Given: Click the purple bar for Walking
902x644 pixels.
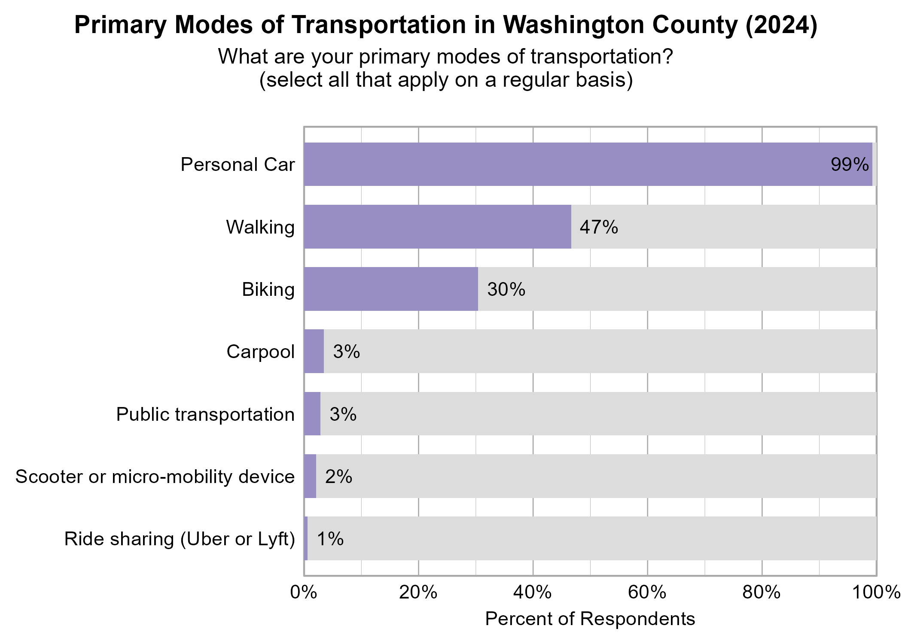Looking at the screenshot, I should click(437, 227).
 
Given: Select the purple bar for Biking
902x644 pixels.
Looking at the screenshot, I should click(391, 289).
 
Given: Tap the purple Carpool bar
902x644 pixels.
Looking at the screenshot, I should click(314, 351).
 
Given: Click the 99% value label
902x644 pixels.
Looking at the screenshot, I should click(850, 164).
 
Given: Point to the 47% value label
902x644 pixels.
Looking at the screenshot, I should click(599, 227).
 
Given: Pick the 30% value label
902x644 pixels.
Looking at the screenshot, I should click(506, 289).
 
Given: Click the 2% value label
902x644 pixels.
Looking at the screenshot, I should click(338, 477).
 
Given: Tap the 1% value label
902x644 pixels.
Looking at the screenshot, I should click(330, 539).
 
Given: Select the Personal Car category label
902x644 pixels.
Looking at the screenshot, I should click(238, 164).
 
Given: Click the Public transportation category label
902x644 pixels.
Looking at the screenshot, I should click(205, 414).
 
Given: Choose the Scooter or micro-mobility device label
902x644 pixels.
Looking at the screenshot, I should click(155, 477).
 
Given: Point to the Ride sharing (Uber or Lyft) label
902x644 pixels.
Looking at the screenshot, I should click(180, 539).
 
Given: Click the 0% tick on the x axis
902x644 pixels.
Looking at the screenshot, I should click(304, 592).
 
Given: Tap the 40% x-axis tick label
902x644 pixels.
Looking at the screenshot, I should click(533, 592).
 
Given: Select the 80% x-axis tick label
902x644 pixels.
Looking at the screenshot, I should click(762, 592).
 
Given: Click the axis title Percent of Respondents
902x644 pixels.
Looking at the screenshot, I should click(590, 619).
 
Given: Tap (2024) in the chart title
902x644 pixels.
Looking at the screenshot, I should click(781, 25).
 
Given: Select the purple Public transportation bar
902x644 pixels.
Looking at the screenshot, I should click(312, 414).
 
